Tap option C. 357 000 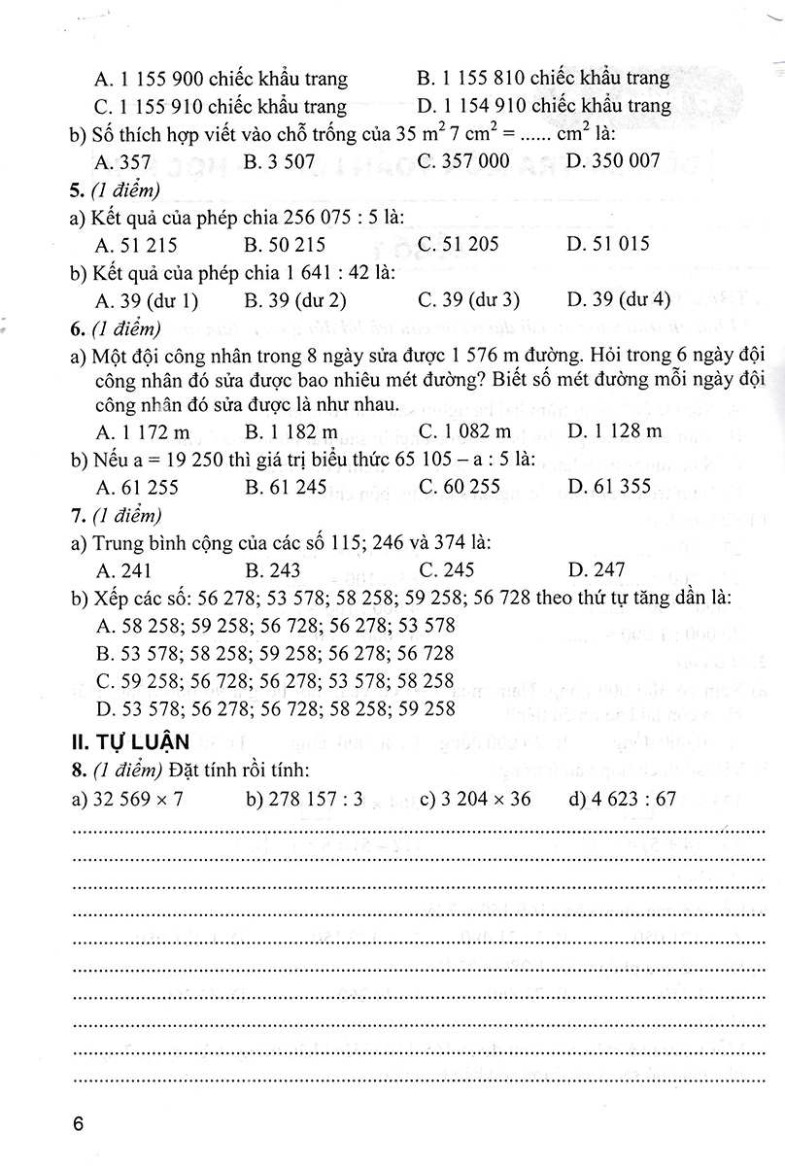(x=463, y=160)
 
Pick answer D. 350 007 (x=612, y=160)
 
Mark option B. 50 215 (x=285, y=245)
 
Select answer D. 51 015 (x=607, y=245)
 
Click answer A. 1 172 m (x=136, y=430)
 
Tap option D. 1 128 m (x=614, y=430)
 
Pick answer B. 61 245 (x=286, y=487)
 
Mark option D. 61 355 (x=609, y=487)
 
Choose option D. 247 (x=597, y=570)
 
